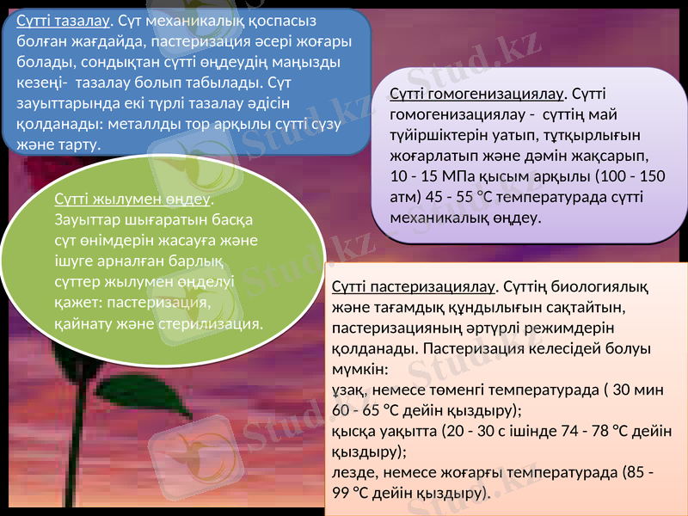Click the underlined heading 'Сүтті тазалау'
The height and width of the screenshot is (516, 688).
tap(59, 21)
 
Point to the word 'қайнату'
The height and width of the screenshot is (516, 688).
tap(82, 323)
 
